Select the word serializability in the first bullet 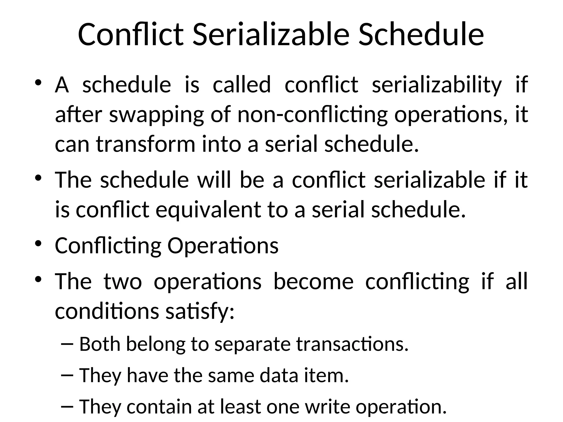point(437,85)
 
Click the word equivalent point(208,210)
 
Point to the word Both point(100,344)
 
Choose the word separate point(252,345)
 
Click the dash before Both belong point(67,345)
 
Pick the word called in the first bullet point(242,85)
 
